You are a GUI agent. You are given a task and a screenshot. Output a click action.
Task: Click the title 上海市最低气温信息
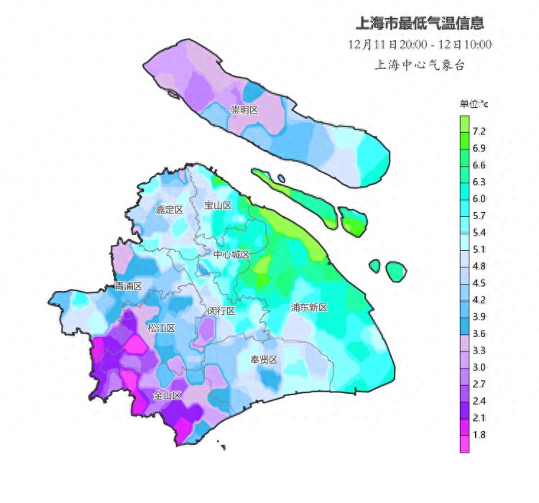pyautogui.click(x=420, y=23)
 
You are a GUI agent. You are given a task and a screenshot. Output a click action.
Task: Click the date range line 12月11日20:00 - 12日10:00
pyautogui.click(x=420, y=44)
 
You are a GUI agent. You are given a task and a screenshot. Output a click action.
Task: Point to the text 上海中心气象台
pyautogui.click(x=420, y=65)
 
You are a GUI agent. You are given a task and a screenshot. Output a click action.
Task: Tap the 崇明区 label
pyautogui.click(x=244, y=110)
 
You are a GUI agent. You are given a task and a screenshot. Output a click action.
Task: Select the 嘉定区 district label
pyautogui.click(x=170, y=210)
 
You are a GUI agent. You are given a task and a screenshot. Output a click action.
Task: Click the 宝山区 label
pyautogui.click(x=218, y=206)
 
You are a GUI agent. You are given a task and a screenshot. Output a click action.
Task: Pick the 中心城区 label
pyautogui.click(x=231, y=254)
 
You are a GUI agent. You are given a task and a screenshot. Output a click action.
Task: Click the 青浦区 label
pyautogui.click(x=129, y=286)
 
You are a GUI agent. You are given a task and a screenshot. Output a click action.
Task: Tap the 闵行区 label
pyautogui.click(x=221, y=311)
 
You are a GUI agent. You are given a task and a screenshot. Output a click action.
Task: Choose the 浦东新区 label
pyautogui.click(x=309, y=308)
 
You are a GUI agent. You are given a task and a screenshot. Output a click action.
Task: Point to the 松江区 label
pyautogui.click(x=161, y=328)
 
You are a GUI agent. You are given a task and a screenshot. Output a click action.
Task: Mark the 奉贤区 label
pyautogui.click(x=264, y=359)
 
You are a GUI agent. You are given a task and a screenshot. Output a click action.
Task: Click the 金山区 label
pyautogui.click(x=167, y=395)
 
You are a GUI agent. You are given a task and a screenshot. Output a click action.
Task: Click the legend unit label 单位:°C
pyautogui.click(x=474, y=105)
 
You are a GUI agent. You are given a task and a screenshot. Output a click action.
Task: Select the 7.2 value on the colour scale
pyautogui.click(x=479, y=131)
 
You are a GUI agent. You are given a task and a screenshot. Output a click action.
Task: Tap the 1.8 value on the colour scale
pyautogui.click(x=479, y=434)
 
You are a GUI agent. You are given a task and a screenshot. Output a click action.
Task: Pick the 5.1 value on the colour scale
pyautogui.click(x=479, y=249)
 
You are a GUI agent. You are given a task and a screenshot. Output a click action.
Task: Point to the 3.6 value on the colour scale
pyautogui.click(x=479, y=333)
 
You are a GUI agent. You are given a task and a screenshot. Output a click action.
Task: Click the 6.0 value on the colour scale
pyautogui.click(x=479, y=198)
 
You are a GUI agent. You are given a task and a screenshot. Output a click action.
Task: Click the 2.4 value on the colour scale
pyautogui.click(x=479, y=400)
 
